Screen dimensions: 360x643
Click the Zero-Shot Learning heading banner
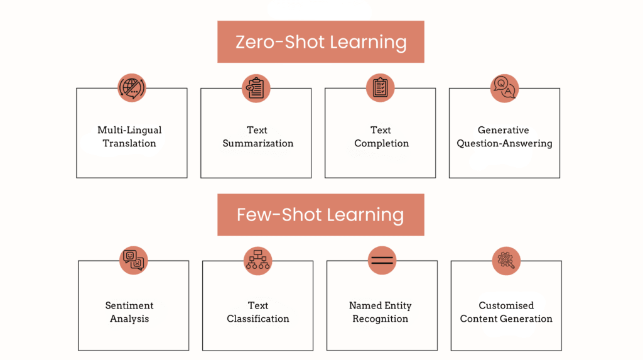pyautogui.click(x=321, y=42)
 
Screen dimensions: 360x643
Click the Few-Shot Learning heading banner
pyautogui.click(x=321, y=215)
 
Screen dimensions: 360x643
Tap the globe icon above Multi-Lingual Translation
pyautogui.click(x=132, y=88)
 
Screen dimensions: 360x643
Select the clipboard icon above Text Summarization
pyautogui.click(x=256, y=88)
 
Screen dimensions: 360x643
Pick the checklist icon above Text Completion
pyautogui.click(x=381, y=88)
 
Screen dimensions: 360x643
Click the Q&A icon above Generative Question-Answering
pyautogui.click(x=504, y=88)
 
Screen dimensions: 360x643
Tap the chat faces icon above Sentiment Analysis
pyautogui.click(x=134, y=260)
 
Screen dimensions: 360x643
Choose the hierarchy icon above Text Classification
pyautogui.click(x=258, y=260)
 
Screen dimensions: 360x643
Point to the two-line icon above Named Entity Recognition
pyautogui.click(x=382, y=260)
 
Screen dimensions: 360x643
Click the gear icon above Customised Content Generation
pyautogui.click(x=506, y=260)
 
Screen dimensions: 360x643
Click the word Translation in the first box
pyautogui.click(x=129, y=143)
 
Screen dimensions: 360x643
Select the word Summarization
pyautogui.click(x=257, y=143)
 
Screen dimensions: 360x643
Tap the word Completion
pyautogui.click(x=381, y=143)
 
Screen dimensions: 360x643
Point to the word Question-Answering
pyautogui.click(x=504, y=143)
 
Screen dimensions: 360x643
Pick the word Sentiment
pyautogui.click(x=129, y=305)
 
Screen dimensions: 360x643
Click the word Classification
pyautogui.click(x=258, y=319)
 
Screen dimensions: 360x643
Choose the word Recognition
pyautogui.click(x=381, y=319)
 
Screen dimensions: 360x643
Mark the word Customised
pyautogui.click(x=506, y=305)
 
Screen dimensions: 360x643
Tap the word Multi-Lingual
pyautogui.click(x=129, y=130)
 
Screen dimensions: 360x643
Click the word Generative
pyautogui.click(x=504, y=130)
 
